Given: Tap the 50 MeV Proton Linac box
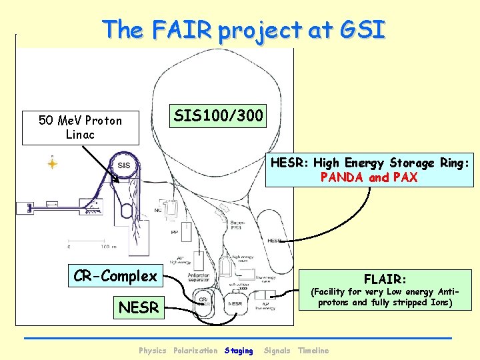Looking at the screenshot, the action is (81, 127).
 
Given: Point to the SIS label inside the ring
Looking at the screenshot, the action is (124, 165).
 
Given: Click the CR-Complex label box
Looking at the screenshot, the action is (116, 275).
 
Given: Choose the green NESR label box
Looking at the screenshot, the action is (139, 307).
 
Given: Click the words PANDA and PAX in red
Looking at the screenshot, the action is (369, 177).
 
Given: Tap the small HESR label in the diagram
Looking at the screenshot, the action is (274, 241).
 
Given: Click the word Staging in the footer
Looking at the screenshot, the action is (239, 351).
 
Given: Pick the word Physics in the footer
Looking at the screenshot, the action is (153, 351).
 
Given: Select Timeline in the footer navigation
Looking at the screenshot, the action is (313, 351).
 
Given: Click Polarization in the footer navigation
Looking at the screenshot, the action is (195, 351).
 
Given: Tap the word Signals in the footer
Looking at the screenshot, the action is (277, 351).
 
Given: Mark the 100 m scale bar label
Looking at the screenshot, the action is (100, 247).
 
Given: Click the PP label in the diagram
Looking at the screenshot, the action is (174, 233).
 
